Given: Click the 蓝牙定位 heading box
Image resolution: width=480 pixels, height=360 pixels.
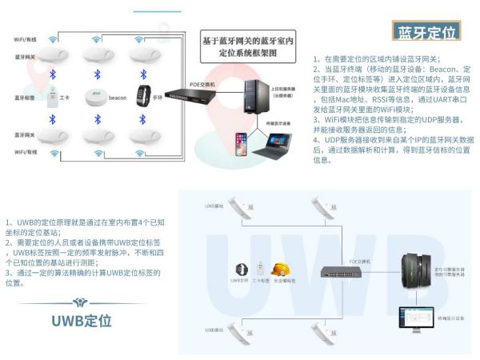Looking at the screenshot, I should pos(426,32).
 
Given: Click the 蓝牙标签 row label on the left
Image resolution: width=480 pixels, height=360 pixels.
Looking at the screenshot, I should pos(24,97).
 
